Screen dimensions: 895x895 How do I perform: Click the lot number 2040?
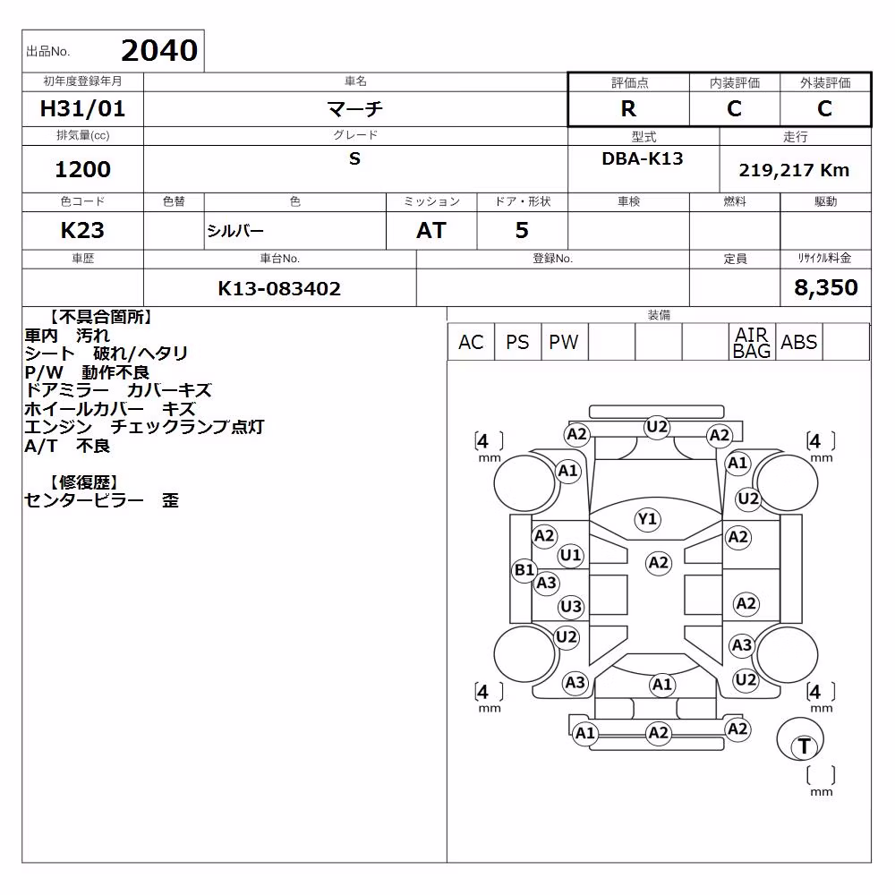click(159, 51)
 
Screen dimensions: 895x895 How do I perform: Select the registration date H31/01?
click(82, 108)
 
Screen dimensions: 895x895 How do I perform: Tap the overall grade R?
click(628, 108)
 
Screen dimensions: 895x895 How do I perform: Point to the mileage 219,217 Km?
click(794, 170)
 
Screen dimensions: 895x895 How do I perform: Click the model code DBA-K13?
click(643, 158)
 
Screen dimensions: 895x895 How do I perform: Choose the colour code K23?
click(82, 231)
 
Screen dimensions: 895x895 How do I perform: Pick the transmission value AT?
click(431, 231)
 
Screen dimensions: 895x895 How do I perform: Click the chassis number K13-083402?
click(279, 288)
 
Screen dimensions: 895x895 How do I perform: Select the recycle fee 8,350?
click(826, 287)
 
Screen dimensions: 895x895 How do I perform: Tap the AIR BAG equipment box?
click(752, 342)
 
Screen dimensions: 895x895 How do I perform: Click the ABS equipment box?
click(799, 342)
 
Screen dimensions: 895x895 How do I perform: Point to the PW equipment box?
click(564, 342)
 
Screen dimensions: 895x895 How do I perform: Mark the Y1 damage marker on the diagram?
click(647, 519)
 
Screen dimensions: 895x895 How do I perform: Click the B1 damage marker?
click(524, 569)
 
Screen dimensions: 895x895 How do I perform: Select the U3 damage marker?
click(571, 606)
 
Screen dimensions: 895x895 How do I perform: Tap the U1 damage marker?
click(570, 555)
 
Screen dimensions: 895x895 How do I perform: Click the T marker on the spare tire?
click(804, 746)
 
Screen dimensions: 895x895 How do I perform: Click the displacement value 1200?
click(82, 169)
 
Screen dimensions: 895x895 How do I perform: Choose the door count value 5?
click(522, 231)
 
